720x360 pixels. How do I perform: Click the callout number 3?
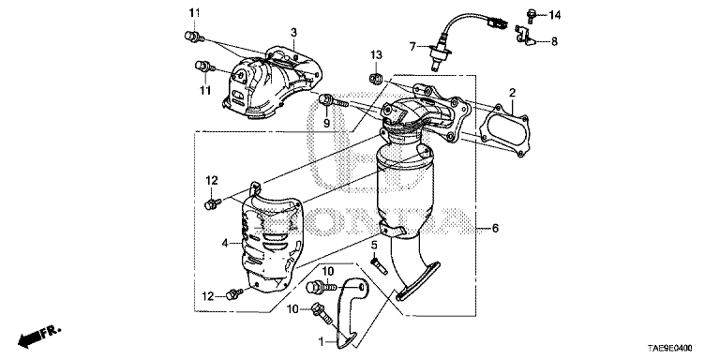click(293, 32)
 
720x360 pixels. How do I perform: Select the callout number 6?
click(495, 228)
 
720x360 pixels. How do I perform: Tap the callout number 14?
click(554, 16)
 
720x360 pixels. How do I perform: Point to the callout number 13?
click(377, 55)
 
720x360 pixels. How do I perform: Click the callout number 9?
click(326, 123)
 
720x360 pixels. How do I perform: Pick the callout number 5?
click(374, 246)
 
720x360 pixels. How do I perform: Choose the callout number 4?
click(225, 244)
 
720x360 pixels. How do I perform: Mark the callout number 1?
click(322, 341)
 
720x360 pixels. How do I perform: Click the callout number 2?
click(512, 93)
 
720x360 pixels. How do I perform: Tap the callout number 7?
click(412, 46)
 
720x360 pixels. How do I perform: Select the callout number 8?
click(554, 42)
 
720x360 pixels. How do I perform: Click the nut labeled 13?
click(374, 77)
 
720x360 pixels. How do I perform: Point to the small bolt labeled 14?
click(532, 16)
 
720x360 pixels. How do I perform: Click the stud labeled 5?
click(379, 266)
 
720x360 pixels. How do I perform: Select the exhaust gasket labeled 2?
click(504, 131)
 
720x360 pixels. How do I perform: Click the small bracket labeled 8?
click(525, 37)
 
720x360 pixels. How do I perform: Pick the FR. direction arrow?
click(38, 337)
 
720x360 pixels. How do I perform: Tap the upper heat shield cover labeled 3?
click(271, 82)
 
